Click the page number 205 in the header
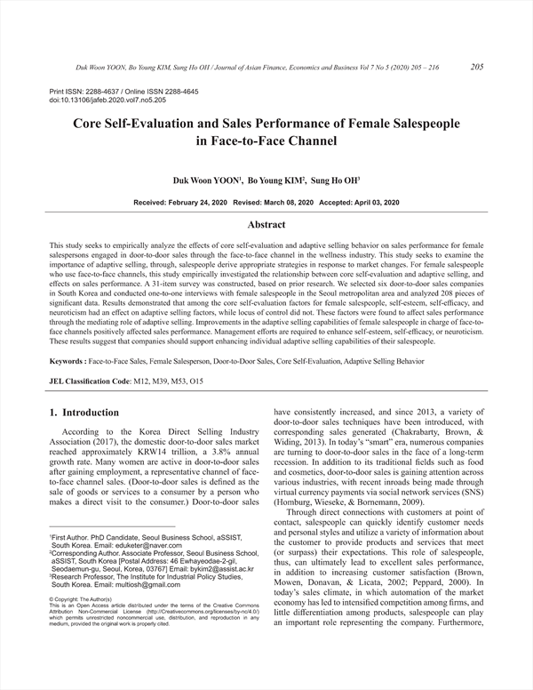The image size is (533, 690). pyautogui.click(x=476, y=67)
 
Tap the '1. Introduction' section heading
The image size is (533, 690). pyautogui.click(x=84, y=413)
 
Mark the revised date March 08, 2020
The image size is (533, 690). pyautogui.click(x=284, y=203)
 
